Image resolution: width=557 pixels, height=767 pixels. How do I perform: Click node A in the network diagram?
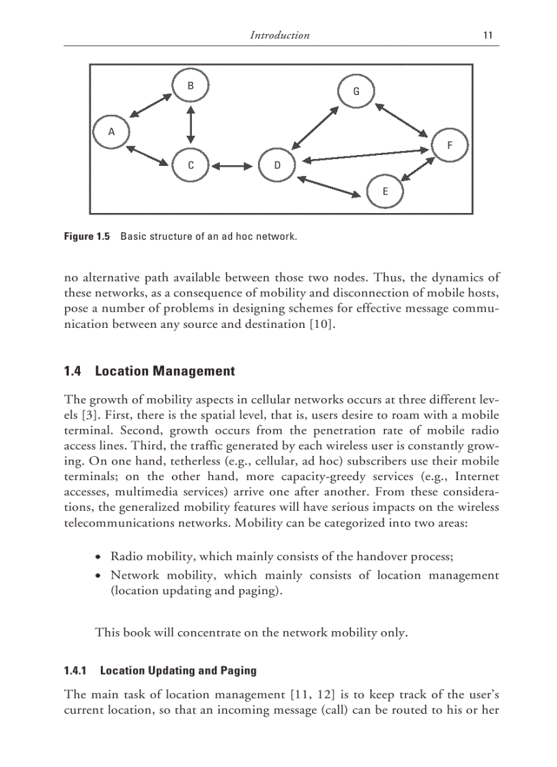pyautogui.click(x=112, y=131)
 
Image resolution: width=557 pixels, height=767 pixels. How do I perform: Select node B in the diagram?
pyautogui.click(x=191, y=86)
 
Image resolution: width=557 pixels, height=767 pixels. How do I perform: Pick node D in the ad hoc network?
pyautogui.click(x=277, y=165)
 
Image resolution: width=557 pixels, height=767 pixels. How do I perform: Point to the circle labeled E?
pyautogui.click(x=385, y=191)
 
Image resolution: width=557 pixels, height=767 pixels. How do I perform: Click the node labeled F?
pyautogui.click(x=449, y=145)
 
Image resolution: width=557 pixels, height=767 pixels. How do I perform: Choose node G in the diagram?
pyautogui.click(x=356, y=92)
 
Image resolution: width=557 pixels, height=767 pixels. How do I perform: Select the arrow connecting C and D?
pyautogui.click(x=233, y=165)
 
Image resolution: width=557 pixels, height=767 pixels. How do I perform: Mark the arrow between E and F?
pyautogui.click(x=418, y=169)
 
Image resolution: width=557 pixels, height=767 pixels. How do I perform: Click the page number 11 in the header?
pyautogui.click(x=487, y=36)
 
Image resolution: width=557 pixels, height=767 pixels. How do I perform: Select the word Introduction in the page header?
pyautogui.click(x=280, y=36)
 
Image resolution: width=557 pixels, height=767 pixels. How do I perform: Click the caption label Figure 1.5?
pyautogui.click(x=87, y=236)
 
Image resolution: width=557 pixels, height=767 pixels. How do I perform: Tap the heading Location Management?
pyautogui.click(x=165, y=372)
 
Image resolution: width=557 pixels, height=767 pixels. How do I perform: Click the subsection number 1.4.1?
pyautogui.click(x=75, y=671)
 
